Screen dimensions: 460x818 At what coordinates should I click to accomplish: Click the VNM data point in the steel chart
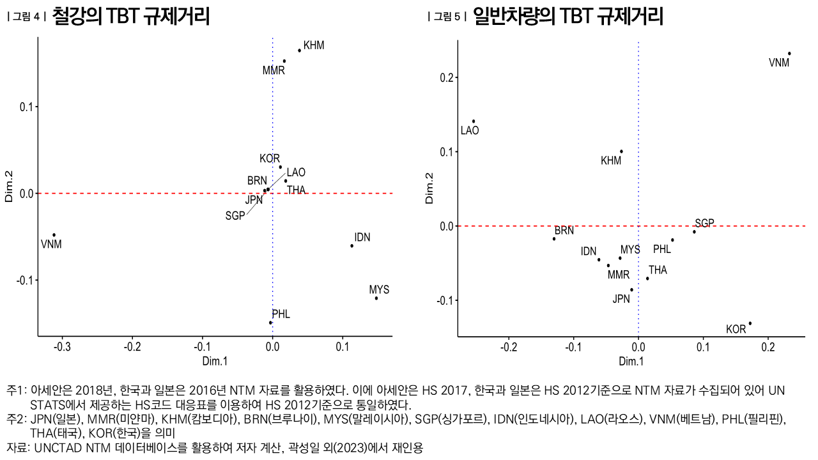click(x=54, y=235)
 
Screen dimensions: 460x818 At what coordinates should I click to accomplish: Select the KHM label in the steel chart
click(x=314, y=45)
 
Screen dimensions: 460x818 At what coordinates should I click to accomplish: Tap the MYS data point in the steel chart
click(x=376, y=298)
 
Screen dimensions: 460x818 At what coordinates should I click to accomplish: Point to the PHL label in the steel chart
click(x=281, y=314)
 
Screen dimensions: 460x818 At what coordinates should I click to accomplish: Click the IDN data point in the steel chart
click(x=351, y=246)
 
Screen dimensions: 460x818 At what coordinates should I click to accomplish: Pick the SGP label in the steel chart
click(x=235, y=216)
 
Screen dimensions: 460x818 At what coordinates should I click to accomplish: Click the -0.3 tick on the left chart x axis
click(x=62, y=347)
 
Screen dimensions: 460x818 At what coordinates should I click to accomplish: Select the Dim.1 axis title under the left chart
click(x=215, y=361)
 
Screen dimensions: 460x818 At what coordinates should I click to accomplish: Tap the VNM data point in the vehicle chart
click(x=789, y=54)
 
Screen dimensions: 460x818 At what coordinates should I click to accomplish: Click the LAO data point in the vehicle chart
click(x=474, y=121)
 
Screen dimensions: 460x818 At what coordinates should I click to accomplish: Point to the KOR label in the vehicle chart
click(x=736, y=330)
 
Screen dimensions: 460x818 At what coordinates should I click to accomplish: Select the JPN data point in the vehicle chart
click(x=631, y=289)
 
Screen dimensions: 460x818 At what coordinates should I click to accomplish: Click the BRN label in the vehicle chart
click(x=564, y=231)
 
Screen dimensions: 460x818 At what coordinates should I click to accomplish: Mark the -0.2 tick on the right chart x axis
click(x=509, y=347)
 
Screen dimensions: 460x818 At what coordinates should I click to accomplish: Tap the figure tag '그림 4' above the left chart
click(x=27, y=17)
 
